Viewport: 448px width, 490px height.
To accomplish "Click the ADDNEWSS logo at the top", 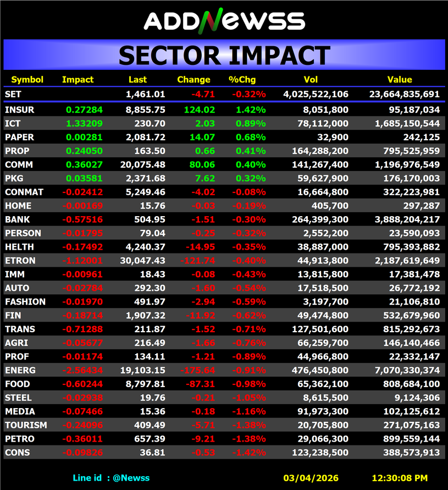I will pos(224,20).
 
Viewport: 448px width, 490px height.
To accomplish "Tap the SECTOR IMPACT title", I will pos(224,56).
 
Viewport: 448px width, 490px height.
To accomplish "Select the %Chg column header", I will pos(240,80).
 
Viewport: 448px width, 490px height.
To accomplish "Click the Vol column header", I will pos(311,80).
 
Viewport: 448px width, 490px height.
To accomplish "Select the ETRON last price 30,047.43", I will pos(142,261).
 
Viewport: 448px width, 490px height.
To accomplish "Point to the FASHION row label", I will pos(25,301).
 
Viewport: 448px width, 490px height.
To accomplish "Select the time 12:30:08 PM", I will pos(400,478).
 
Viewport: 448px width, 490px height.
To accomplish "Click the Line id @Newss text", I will pos(111,478).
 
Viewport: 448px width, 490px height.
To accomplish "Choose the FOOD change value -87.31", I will pos(199,384).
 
